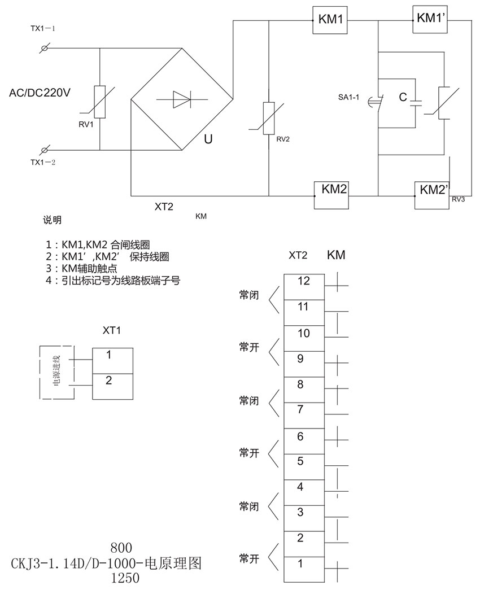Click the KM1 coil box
[330, 20]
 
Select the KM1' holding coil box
[431, 19]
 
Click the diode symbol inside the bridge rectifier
[181, 100]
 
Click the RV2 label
[283, 139]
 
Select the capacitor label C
[403, 98]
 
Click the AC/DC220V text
[40, 93]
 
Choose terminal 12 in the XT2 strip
[304, 281]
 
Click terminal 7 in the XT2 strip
[300, 409]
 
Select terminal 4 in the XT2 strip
[300, 487]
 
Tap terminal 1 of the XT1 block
[109, 355]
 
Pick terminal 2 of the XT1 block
[109, 381]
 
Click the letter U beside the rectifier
[208, 139]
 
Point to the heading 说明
[52, 220]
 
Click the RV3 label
[458, 198]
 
